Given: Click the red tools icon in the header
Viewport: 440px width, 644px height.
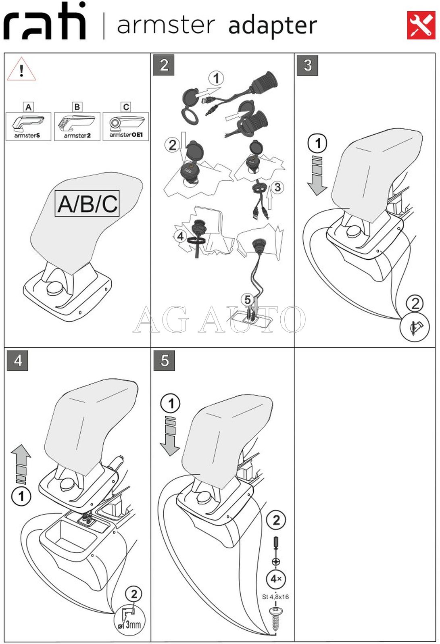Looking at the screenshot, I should [421, 25].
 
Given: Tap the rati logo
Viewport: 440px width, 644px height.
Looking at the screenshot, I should [45, 22].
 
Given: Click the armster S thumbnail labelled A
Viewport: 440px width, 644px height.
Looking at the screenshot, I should [28, 126].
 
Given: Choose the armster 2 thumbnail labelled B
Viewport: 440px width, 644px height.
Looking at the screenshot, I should [77, 126].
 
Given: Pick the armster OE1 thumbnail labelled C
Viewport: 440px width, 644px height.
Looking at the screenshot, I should [126, 126].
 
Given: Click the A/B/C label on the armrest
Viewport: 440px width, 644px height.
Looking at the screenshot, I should [87, 204].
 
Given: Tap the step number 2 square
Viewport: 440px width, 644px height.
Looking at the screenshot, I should [164, 65].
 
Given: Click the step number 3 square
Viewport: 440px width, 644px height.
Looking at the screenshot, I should [307, 65].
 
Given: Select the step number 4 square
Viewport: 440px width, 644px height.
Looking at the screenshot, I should [18, 360].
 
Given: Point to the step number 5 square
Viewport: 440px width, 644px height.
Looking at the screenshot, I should [164, 360].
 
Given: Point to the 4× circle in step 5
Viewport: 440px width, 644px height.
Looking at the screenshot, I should [276, 579].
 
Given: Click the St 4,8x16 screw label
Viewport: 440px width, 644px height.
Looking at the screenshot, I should [275, 597].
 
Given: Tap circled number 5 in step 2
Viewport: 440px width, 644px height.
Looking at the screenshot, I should [247, 299].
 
